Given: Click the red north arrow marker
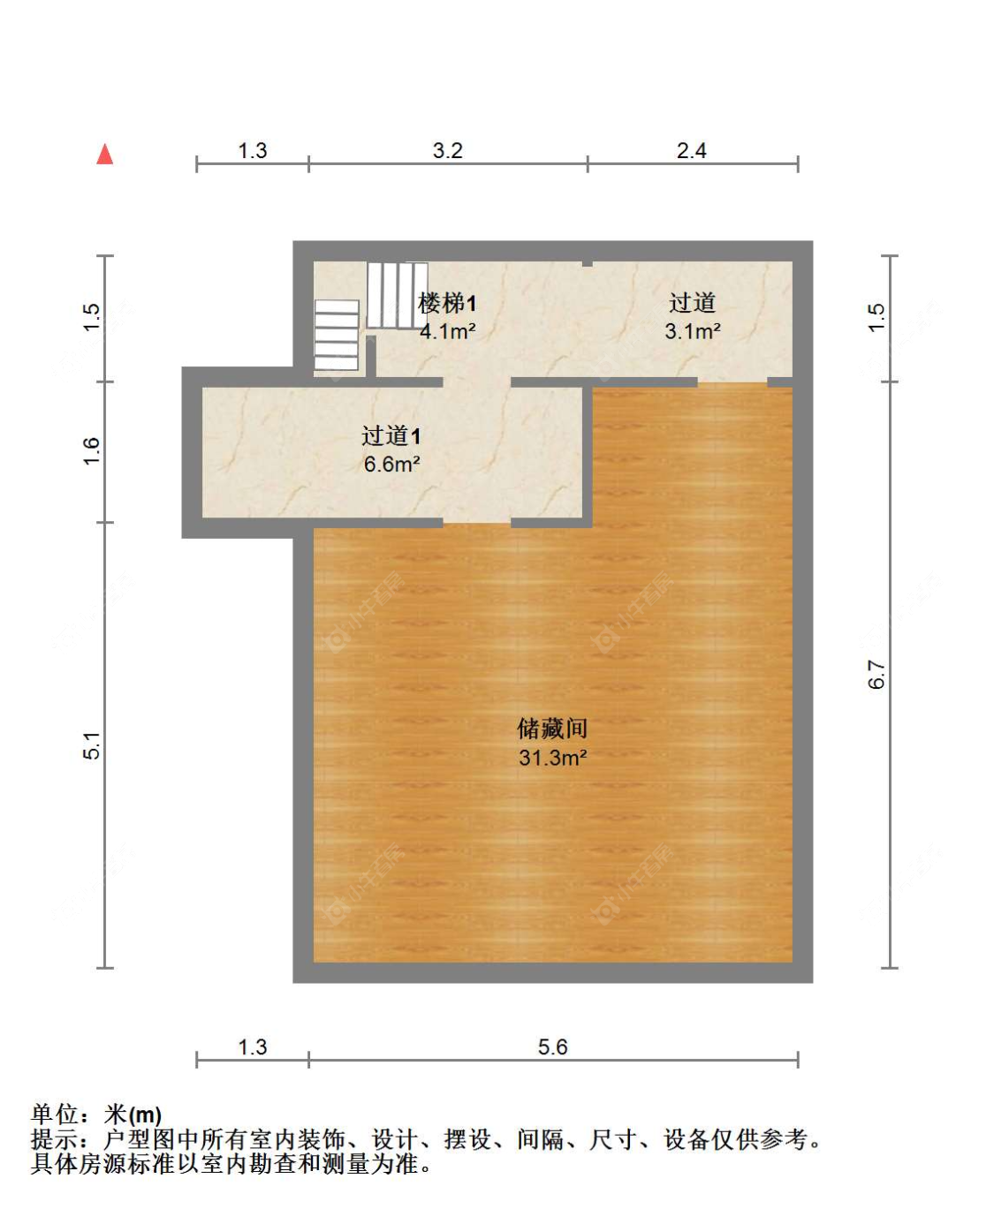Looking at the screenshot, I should click(105, 155).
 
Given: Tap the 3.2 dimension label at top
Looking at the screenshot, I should click(447, 151).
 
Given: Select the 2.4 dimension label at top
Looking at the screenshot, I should click(692, 151).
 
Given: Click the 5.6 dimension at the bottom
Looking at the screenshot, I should click(552, 1047).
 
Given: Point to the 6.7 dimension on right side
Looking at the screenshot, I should click(876, 675).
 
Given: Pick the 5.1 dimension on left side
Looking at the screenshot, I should click(92, 745).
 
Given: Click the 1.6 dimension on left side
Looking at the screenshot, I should click(92, 451).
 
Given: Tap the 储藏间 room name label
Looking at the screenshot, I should click(552, 729).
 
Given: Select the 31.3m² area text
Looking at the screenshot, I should click(552, 758).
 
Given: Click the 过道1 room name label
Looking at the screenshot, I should click(391, 435).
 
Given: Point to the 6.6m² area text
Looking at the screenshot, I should click(391, 465).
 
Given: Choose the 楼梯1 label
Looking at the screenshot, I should click(447, 304).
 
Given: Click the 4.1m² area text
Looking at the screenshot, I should click(447, 332).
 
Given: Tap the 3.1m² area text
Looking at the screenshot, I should click(692, 332).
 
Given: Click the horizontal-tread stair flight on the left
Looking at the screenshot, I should click(337, 336).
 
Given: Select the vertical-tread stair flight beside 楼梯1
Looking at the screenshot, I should click(397, 295).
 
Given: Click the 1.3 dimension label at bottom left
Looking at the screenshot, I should click(252, 1047).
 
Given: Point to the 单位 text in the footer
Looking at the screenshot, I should click(55, 1114).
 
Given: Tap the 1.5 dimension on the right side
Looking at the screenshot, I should click(876, 318).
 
